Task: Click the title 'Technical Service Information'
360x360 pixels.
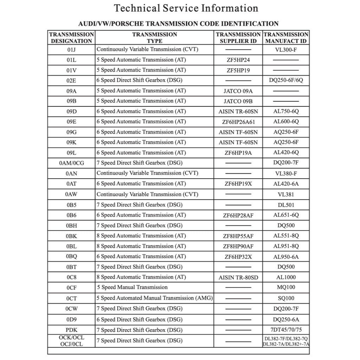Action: [x=186, y=8]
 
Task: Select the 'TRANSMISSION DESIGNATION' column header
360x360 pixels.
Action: [x=71, y=38]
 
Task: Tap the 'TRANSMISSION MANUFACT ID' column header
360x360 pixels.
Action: [x=286, y=38]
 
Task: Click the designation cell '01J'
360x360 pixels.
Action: [x=71, y=50]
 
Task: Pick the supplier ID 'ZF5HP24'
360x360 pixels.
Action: [x=238, y=60]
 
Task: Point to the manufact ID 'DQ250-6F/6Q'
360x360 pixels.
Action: [x=286, y=81]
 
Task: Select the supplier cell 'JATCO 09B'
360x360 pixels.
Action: [x=238, y=101]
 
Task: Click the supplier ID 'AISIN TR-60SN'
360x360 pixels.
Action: [x=238, y=111]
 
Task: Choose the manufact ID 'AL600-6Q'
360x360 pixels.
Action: [x=286, y=122]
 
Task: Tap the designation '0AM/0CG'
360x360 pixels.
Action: [x=71, y=163]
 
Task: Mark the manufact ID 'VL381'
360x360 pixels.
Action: [x=286, y=194]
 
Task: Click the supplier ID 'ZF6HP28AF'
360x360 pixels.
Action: [x=238, y=215]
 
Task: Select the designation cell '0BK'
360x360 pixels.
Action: [x=71, y=236]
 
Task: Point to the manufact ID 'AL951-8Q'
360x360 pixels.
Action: [x=286, y=246]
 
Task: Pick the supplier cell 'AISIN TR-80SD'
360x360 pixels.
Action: [x=238, y=277]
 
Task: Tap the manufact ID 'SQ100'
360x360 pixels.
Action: [x=286, y=298]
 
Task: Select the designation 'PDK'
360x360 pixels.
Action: [x=71, y=330]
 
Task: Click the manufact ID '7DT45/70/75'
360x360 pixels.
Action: [x=286, y=330]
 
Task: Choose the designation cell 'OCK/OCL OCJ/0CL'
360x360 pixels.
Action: [x=71, y=341]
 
